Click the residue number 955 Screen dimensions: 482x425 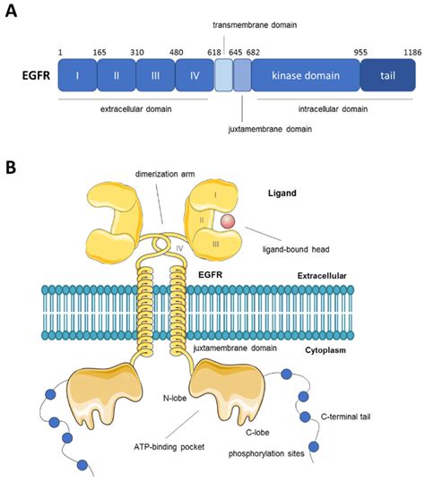360,54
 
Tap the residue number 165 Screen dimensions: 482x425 100,54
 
